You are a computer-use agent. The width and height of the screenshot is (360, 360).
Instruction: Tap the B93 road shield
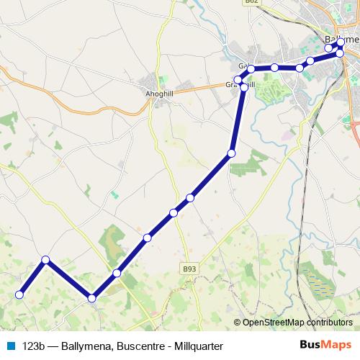tap(189, 269)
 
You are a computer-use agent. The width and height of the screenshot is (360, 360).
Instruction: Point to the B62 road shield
tap(251, 3)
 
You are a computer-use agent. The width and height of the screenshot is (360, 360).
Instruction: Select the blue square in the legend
tap(10, 346)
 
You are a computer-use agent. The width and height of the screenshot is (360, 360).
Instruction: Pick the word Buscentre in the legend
tap(136, 346)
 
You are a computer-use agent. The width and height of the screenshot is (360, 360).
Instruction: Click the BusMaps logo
tap(326, 345)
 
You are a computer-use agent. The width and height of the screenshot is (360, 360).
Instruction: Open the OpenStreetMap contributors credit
tap(297, 323)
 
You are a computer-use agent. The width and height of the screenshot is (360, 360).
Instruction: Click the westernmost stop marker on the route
tap(20, 294)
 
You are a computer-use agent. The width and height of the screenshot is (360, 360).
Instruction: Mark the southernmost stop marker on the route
tap(91, 297)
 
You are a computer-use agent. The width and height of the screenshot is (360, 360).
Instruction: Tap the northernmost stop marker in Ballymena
tap(341, 42)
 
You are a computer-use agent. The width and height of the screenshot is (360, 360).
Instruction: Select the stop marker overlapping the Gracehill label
tap(243, 87)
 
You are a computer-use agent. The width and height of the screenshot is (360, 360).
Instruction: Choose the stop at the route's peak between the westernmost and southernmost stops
tap(45, 260)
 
